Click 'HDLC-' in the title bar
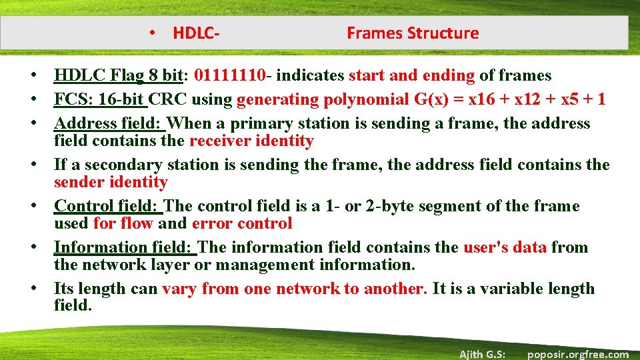click(197, 33)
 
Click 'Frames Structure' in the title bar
click(413, 33)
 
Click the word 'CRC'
click(167, 100)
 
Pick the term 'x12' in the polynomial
click(526, 100)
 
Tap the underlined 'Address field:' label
click(110, 124)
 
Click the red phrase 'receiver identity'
click(251, 141)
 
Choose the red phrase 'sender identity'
click(111, 183)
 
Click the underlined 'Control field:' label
click(109, 207)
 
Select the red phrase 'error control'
click(242, 224)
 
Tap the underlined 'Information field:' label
click(125, 248)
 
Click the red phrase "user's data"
click(505, 248)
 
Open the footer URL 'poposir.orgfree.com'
click(577, 354)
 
